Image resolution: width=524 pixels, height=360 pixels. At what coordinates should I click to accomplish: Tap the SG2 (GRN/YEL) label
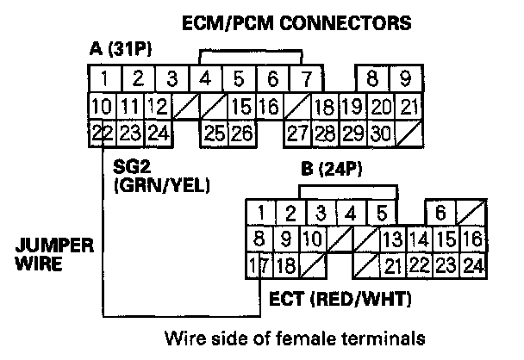point(161,175)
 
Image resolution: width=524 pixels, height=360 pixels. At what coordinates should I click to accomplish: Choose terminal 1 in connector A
point(103,79)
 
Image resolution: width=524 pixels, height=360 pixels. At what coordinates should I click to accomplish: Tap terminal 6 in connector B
point(440,213)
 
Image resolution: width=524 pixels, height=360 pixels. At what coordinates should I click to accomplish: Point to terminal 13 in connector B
point(393,239)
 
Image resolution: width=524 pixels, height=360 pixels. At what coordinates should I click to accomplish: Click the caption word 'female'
point(337,335)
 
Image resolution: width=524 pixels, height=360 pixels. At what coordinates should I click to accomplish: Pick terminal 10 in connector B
point(315,239)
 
